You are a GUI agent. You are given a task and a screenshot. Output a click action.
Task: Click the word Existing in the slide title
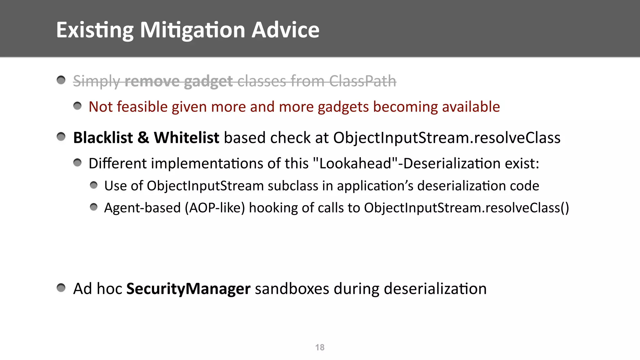(95, 30)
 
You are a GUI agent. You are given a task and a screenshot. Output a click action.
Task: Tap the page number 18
(320, 347)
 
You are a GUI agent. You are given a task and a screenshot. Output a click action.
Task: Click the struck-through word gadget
(208, 81)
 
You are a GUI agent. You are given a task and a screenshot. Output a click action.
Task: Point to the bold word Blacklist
(103, 138)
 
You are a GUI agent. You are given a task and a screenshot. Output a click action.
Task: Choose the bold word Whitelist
(186, 138)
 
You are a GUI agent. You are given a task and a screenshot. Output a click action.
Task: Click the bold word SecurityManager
(188, 288)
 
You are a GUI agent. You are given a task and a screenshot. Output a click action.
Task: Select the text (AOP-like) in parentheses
(215, 208)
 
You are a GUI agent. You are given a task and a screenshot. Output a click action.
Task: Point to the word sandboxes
(292, 288)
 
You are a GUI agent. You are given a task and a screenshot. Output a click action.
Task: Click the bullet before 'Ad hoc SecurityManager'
(61, 287)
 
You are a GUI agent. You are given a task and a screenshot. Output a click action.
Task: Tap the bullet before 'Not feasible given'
(77, 106)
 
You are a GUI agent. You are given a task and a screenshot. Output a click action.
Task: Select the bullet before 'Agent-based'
(93, 207)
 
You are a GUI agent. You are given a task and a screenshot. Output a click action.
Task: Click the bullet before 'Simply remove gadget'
(61, 80)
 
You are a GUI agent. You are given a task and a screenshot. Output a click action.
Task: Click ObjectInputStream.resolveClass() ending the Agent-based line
(466, 208)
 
